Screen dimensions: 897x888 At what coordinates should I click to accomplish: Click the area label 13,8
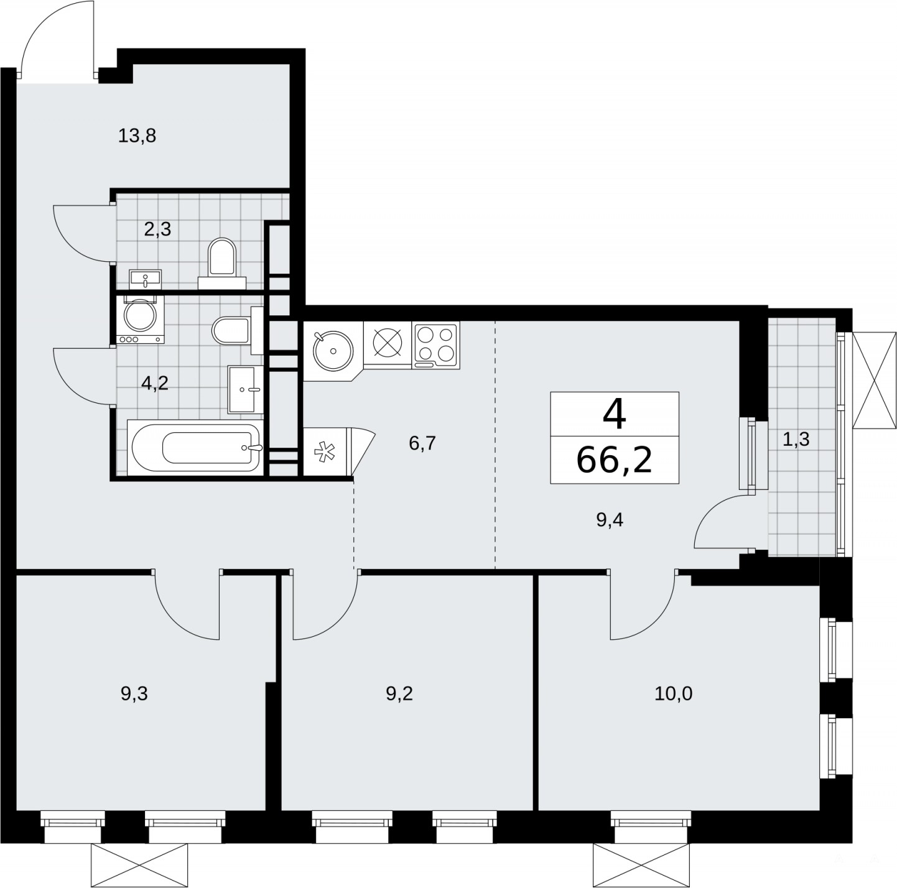click(x=137, y=136)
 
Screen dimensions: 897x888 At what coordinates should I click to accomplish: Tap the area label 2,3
click(x=157, y=229)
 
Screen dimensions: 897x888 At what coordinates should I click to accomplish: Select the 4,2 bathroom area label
click(x=154, y=383)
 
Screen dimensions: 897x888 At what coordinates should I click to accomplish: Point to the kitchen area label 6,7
click(x=422, y=443)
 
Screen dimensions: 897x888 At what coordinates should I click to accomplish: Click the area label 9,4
click(x=610, y=520)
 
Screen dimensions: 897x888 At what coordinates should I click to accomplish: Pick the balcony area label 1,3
click(x=796, y=439)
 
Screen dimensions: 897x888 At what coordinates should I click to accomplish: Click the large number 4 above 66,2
click(x=615, y=415)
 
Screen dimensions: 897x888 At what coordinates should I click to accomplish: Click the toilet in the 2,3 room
click(x=222, y=264)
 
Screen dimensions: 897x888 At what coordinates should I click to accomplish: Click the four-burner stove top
click(x=435, y=345)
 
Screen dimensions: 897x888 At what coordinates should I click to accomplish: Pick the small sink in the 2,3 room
click(x=145, y=279)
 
